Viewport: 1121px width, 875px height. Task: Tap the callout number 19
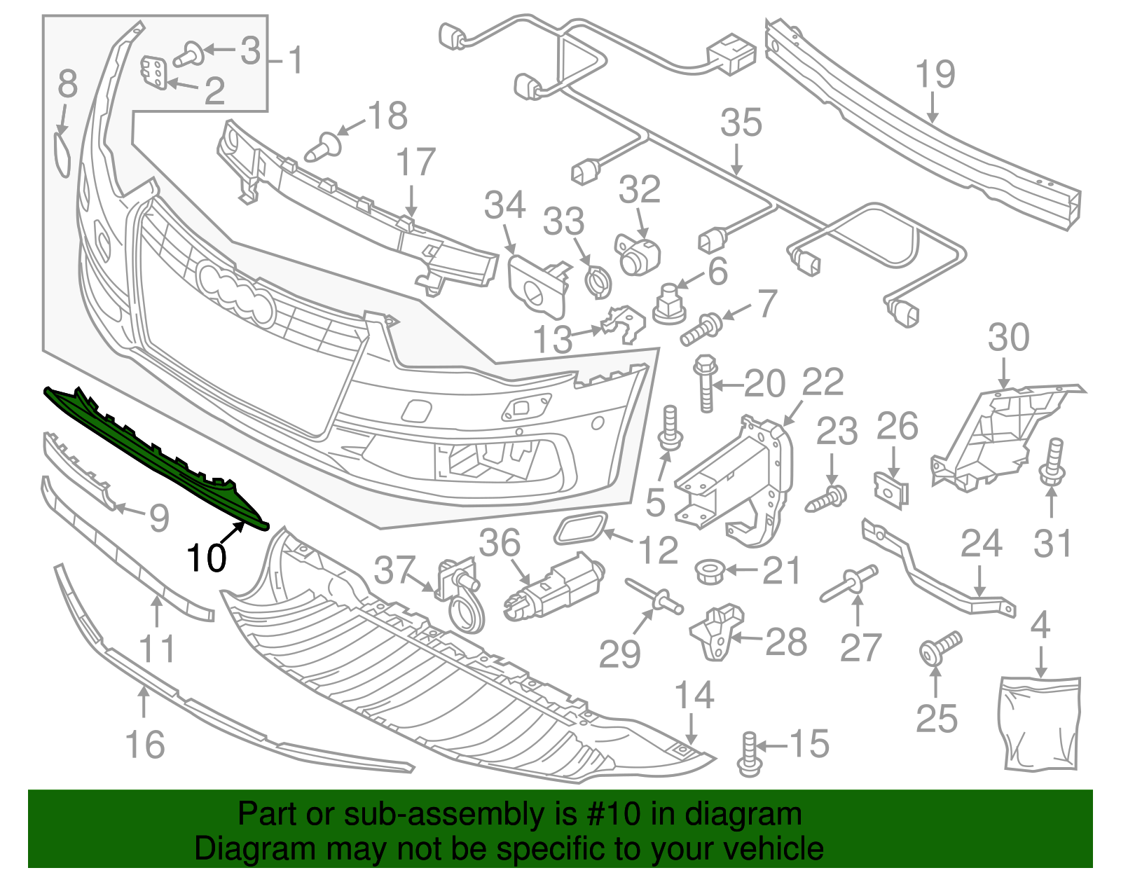[x=935, y=74]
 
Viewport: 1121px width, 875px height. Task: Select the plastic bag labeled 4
[x=1040, y=722]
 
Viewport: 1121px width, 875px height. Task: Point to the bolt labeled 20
[x=705, y=382]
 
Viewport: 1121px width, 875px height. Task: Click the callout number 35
[x=741, y=123]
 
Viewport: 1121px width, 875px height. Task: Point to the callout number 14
[x=694, y=695]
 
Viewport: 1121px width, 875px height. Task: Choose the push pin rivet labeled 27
[x=848, y=585]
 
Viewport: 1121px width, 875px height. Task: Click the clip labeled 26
[x=891, y=488]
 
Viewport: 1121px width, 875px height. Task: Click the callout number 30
[x=1008, y=338]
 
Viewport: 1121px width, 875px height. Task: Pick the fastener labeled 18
[x=324, y=147]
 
